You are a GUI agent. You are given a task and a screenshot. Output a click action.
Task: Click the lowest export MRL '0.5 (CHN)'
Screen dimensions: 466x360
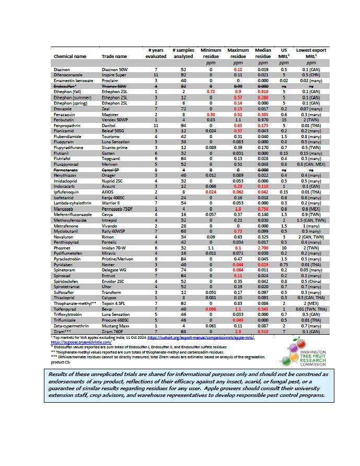click(x=307, y=75)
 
